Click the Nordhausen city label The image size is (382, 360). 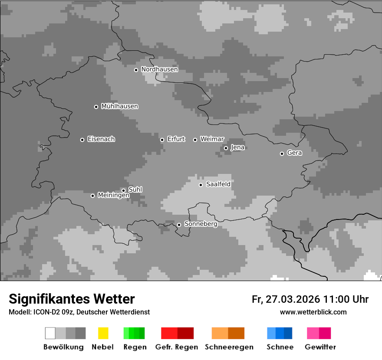pos(159,69)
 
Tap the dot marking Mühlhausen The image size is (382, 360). pos(96,107)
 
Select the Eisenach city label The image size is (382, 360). pos(101,139)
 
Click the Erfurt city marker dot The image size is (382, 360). pos(162,140)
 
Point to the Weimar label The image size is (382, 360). pos(212,139)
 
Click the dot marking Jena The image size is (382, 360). pos(226,148)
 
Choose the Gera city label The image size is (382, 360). pos(294,153)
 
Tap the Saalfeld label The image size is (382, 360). pos(218,184)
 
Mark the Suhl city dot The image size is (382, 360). pos(123,190)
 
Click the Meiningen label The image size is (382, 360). pos(113,196)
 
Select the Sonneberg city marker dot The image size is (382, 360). pos(179,225)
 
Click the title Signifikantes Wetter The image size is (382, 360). pos(72,299)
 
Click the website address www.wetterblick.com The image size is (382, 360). pos(313,312)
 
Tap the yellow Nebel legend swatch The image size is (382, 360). pos(103,333)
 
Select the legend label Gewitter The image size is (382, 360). pos(320,347)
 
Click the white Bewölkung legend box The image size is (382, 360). pos(50,333)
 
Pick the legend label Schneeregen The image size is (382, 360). pos(229,347)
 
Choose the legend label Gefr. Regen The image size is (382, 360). pos(176,347)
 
